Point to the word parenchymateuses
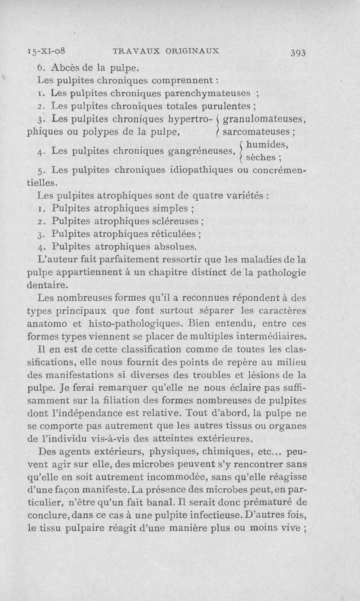207,94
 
